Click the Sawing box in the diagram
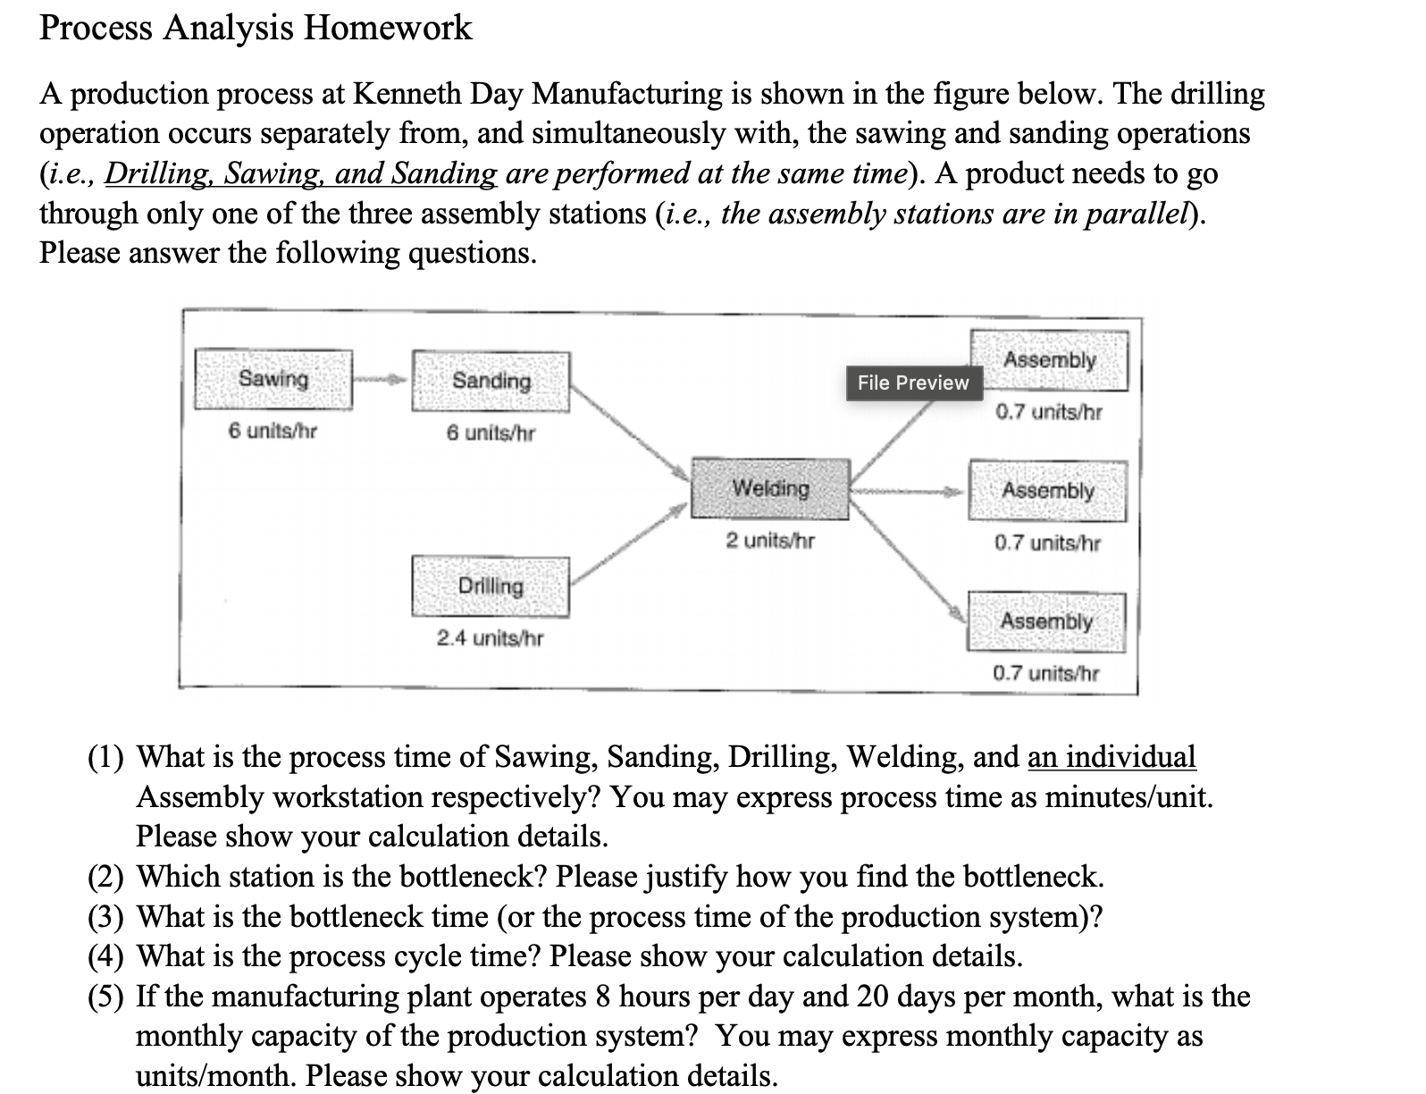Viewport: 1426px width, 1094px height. [273, 379]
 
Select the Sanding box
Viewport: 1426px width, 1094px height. [491, 382]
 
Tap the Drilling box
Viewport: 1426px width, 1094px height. [491, 586]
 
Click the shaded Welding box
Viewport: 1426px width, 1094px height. [770, 489]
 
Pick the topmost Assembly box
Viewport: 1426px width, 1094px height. [1049, 360]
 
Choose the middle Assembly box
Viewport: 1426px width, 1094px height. [1047, 491]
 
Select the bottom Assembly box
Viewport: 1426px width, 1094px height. [1046, 621]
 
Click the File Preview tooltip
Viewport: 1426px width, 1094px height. [912, 383]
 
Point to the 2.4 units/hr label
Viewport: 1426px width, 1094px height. [490, 638]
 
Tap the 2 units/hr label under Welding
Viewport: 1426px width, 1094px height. [770, 541]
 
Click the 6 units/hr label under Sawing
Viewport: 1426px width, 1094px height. [273, 431]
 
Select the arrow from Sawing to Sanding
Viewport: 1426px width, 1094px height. [382, 380]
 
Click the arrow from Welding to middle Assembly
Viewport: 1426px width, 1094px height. [907, 491]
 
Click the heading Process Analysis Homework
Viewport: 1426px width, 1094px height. [256, 28]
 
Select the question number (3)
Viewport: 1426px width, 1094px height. [105, 916]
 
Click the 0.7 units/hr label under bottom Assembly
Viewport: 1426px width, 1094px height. [1046, 673]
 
